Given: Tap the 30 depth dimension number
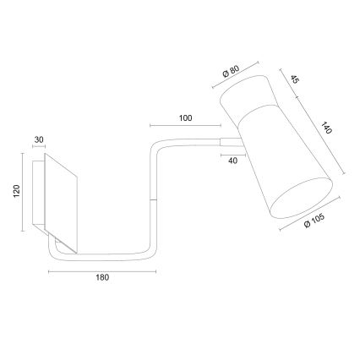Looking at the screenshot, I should pos(39,141).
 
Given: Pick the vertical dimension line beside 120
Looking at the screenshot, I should pos(25,192).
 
